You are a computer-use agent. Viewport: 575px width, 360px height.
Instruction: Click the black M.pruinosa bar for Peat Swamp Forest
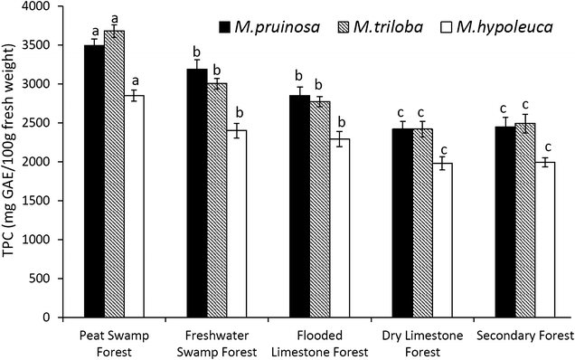94,181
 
